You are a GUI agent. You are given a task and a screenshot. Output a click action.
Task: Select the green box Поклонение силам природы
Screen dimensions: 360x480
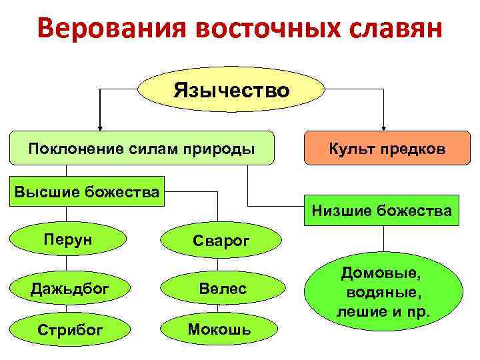141,147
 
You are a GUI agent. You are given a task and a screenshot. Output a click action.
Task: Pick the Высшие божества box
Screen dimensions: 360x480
87,193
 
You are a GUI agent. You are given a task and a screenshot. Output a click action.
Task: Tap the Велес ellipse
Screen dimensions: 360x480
223,288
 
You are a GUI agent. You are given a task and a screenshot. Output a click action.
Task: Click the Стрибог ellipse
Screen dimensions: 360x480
65,329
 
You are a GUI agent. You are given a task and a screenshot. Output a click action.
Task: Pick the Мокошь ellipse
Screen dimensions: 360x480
219,329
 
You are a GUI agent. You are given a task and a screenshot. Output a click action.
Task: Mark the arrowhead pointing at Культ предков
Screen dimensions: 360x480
384,126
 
